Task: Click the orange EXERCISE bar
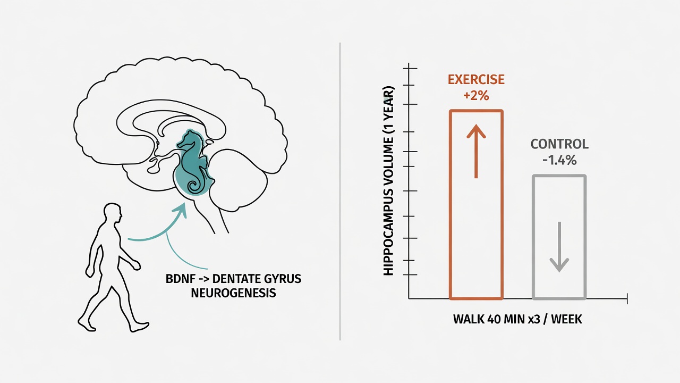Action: [x=450, y=204]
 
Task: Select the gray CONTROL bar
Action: [x=533, y=237]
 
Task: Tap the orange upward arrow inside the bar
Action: [x=476, y=151]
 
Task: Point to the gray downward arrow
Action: [x=559, y=247]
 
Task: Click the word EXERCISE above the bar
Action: [x=476, y=80]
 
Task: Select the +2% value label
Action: [x=476, y=96]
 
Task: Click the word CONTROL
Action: [x=559, y=144]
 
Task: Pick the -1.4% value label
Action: [x=559, y=160]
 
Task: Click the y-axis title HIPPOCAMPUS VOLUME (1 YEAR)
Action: [x=388, y=181]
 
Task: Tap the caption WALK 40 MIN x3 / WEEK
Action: [x=517, y=320]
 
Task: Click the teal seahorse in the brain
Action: [x=193, y=162]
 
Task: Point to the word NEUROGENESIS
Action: [x=233, y=293]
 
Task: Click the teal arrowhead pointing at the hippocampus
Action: [x=181, y=210]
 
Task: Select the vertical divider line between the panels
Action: [x=340, y=191]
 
